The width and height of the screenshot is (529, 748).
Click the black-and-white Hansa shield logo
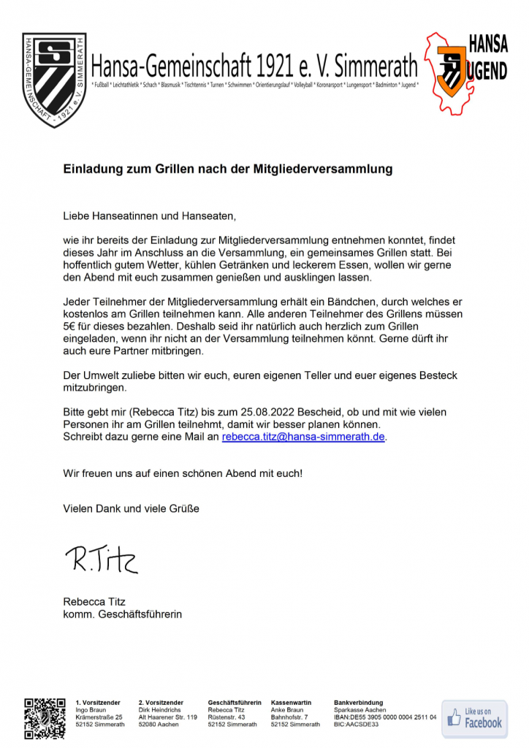tap(54, 78)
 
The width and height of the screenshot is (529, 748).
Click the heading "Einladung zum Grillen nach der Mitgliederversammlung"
tap(227, 169)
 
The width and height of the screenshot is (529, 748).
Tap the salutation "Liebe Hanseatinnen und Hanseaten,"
tap(151, 217)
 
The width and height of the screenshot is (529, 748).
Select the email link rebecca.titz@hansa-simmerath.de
tap(303, 437)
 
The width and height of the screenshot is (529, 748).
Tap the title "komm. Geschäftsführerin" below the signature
tap(123, 614)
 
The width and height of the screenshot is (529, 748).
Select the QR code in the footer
tap(45, 719)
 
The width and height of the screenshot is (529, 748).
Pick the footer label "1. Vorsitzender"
tap(98, 703)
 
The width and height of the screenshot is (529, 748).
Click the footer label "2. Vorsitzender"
tap(161, 703)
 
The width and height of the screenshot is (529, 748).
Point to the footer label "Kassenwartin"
tap(291, 703)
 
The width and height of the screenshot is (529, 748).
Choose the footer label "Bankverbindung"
tap(358, 703)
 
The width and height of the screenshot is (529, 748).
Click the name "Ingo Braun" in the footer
tap(91, 710)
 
